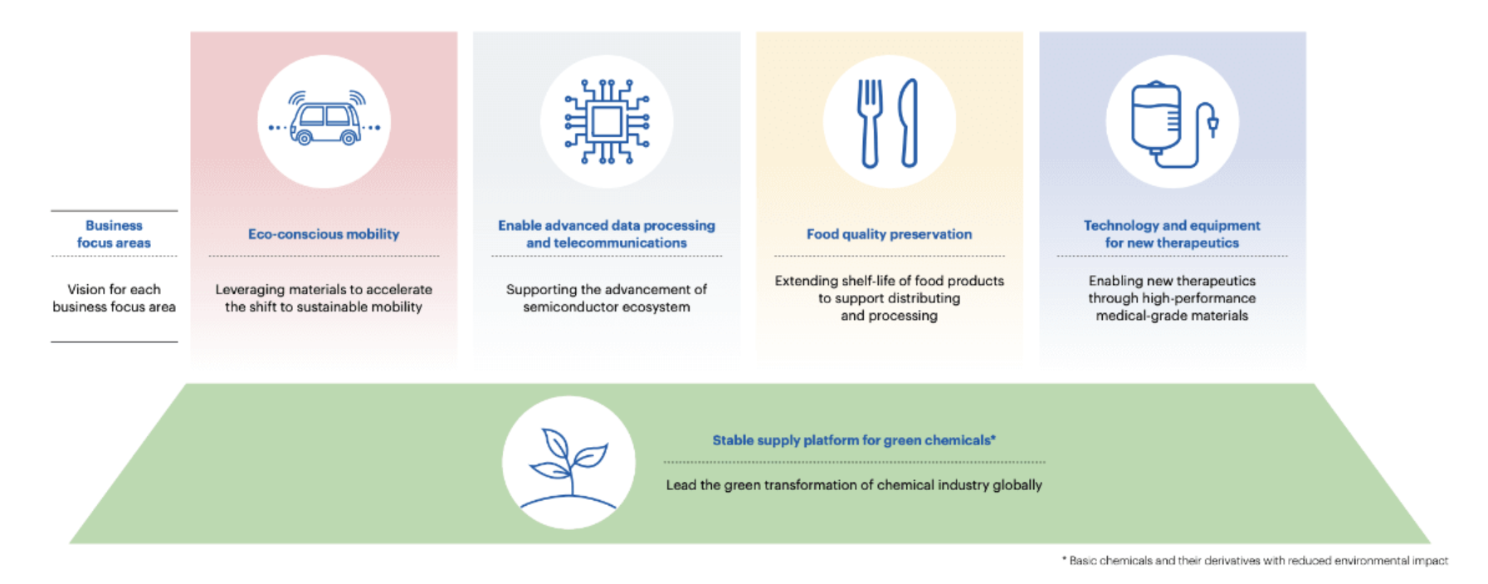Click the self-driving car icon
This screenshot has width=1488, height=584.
[324, 118]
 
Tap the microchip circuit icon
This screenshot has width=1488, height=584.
[607, 121]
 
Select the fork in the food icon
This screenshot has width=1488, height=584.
[869, 124]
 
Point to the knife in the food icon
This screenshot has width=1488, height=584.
[910, 123]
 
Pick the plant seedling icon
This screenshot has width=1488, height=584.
[569, 467]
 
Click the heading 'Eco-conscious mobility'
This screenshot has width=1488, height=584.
[324, 234]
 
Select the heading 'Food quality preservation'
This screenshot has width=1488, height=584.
[889, 234]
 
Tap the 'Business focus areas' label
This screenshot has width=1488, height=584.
[114, 234]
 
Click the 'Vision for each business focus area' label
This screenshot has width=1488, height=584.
[114, 297]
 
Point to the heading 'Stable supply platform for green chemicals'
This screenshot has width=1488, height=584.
[854, 440]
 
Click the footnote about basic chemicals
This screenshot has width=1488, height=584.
[1255, 561]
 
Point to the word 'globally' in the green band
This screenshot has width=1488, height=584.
[1017, 485]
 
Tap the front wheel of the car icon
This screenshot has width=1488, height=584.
[349, 138]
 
